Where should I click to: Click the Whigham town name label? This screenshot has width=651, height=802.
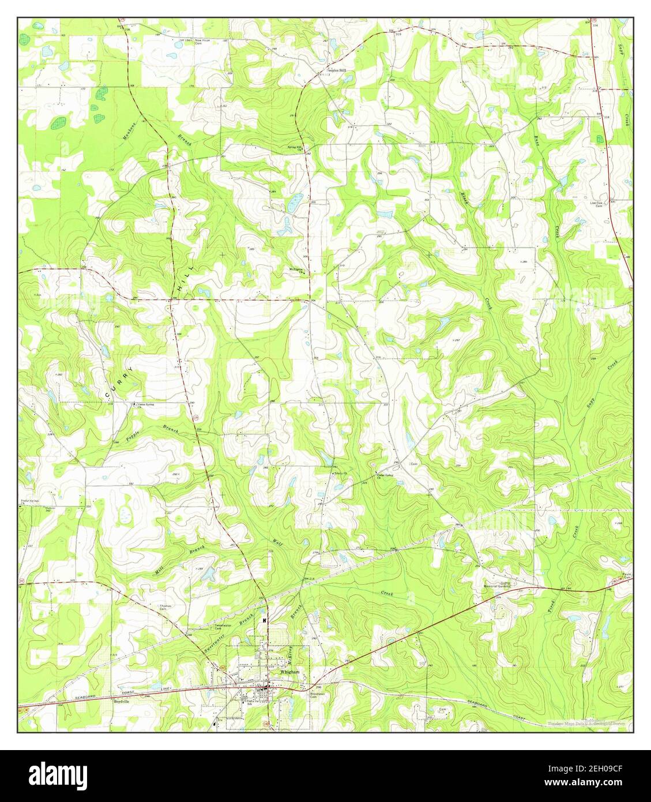(x=289, y=672)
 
